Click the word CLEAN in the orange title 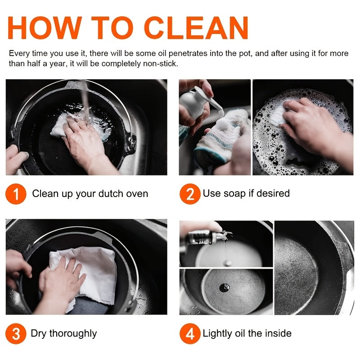[196, 28]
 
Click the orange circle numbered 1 [16, 194]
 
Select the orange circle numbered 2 [190, 194]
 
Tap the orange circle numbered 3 [16, 333]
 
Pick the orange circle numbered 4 [190, 333]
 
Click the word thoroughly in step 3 [73, 333]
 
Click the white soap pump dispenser [200, 103]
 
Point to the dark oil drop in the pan [224, 288]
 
